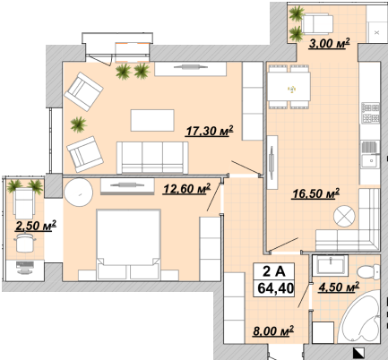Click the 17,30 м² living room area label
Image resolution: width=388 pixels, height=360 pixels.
point(209,131)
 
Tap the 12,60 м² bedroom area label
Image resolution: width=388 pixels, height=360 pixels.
point(186,188)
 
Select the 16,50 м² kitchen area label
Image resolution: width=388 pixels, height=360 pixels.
point(315,193)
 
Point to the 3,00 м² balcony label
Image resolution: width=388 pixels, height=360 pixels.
point(329,43)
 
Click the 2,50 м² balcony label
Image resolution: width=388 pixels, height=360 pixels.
point(36,226)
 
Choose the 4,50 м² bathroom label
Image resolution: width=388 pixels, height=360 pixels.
point(339,287)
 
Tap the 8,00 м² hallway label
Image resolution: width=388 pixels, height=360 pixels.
point(273,330)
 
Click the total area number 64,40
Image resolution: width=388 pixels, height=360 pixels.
point(275,288)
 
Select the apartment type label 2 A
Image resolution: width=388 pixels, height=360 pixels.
point(274,271)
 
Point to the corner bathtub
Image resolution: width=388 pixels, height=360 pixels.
point(360,317)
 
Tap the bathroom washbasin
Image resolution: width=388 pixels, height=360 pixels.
point(330,265)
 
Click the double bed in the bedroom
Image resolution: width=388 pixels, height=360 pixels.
point(128,244)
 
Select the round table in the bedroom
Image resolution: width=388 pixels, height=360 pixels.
point(78,193)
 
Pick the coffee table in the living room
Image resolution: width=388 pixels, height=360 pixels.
point(152,120)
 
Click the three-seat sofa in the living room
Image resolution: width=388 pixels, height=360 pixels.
point(152,158)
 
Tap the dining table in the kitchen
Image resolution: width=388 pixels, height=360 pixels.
point(289,87)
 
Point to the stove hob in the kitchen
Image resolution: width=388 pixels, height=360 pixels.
point(370,113)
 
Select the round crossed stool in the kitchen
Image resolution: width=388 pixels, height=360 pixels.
point(344,216)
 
